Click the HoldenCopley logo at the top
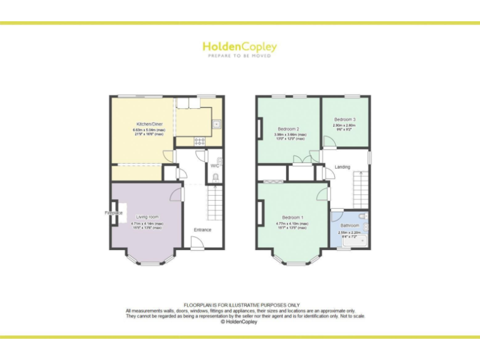(x=239, y=47)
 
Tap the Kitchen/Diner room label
(x=147, y=124)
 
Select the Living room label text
(x=147, y=217)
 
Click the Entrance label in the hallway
(x=202, y=230)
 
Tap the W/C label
(x=214, y=166)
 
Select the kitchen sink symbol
(x=216, y=124)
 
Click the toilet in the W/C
(x=216, y=177)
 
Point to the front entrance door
(x=197, y=246)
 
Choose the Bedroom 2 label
(x=288, y=129)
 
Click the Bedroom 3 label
(x=344, y=119)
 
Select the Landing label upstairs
(x=342, y=167)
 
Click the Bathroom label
(x=349, y=226)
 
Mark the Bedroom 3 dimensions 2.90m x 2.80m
(x=344, y=126)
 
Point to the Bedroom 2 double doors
(x=302, y=159)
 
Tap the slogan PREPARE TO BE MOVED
(x=239, y=56)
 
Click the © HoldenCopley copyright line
(x=239, y=322)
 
